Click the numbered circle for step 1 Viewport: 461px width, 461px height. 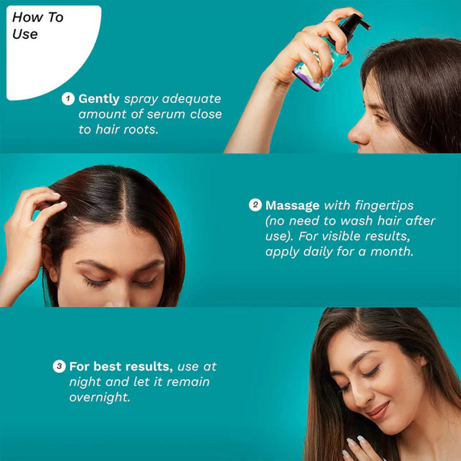(68, 99)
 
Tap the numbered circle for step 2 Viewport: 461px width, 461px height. (255, 205)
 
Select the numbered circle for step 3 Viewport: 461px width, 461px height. (59, 366)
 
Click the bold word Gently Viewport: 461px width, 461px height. (99, 99)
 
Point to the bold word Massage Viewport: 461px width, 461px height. (292, 206)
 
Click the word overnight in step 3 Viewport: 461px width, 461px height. (99, 397)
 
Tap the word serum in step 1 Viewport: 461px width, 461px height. (166, 115)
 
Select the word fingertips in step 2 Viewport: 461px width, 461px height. (384, 206)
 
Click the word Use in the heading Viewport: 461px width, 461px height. (25, 34)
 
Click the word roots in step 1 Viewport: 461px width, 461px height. (141, 129)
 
